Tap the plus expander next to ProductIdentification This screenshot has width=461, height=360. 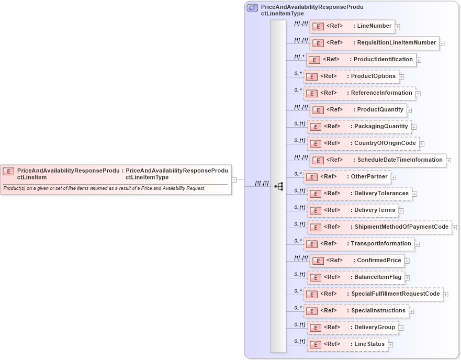pos(419,60)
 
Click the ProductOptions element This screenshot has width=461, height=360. pos(351,76)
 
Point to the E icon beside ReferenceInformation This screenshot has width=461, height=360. pos(312,93)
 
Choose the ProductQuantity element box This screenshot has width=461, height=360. pos(358,110)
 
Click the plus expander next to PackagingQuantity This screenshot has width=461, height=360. pos(414,127)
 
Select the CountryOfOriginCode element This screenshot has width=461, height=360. pos(363,143)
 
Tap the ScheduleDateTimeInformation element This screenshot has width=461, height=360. pos(377,160)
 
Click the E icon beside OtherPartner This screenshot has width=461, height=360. pos(312,177)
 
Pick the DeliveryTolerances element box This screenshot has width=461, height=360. pos(359,194)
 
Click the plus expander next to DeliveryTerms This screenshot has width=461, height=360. pos(401,210)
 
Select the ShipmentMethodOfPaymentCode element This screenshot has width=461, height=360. pos(379,227)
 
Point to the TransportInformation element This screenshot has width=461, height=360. pos(359,244)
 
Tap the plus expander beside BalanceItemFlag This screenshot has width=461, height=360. pos(407,277)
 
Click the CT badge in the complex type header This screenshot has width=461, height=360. pos(253,8)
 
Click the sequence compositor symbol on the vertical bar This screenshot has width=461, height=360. pos(278,186)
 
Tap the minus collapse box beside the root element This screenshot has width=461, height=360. pos(234,179)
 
